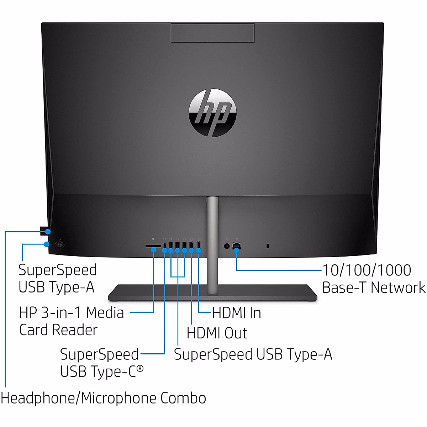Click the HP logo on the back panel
pos(212,113)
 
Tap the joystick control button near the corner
pos(61,244)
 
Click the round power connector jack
pos(227,246)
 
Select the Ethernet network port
pos(236,245)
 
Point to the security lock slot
pos(268,246)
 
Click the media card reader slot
pos(153,246)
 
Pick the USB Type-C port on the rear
pos(164,245)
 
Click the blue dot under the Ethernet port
pos(236,251)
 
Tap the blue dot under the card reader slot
pos(154,250)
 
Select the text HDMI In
pos(237,313)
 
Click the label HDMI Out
pos(217,333)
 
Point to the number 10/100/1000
pos(367,270)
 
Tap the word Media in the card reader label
pos(105,313)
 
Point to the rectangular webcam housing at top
pos(212,33)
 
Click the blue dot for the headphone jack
pos(48,232)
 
